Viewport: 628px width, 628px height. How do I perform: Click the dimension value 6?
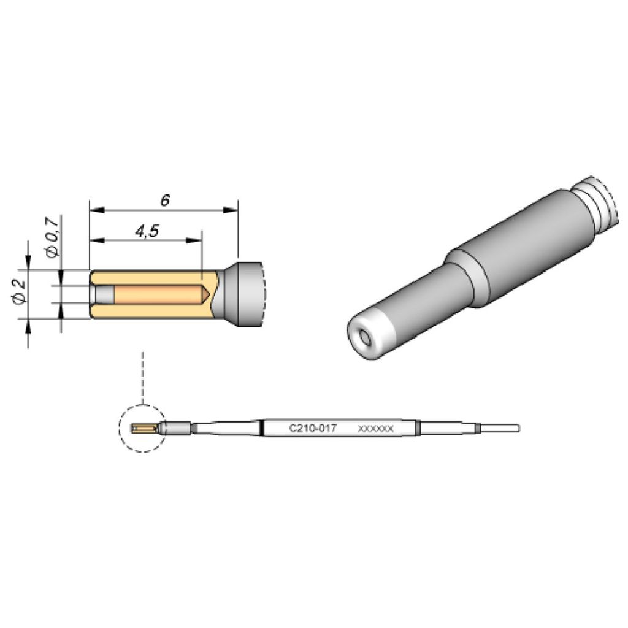tap(165, 201)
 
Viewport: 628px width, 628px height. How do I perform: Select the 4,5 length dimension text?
tap(146, 231)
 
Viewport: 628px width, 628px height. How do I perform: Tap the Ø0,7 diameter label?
tap(53, 236)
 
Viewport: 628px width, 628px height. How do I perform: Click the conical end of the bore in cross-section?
tap(207, 294)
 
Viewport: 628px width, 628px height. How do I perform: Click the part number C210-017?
tap(312, 429)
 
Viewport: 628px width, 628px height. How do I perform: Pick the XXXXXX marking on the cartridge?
tap(375, 429)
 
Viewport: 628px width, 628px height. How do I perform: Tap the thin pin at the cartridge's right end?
tap(499, 427)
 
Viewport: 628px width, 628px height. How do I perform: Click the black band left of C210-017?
tap(262, 428)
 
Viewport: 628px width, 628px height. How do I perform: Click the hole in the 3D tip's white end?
tap(366, 337)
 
